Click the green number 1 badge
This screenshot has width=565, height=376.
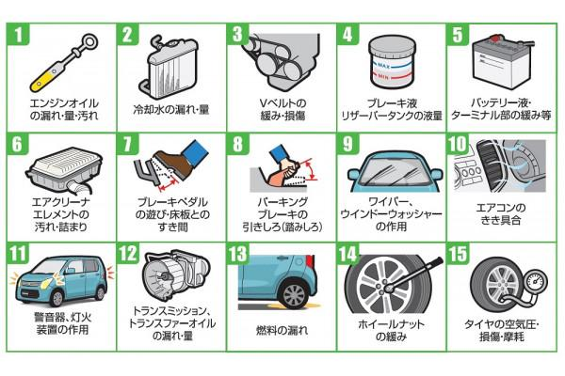(18, 34)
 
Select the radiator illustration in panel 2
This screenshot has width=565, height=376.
(169, 67)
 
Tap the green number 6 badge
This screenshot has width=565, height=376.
(18, 144)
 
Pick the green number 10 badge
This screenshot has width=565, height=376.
(458, 144)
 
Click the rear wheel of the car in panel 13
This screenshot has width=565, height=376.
(295, 294)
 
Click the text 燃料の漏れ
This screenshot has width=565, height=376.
(282, 330)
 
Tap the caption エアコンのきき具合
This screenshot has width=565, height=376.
(501, 213)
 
